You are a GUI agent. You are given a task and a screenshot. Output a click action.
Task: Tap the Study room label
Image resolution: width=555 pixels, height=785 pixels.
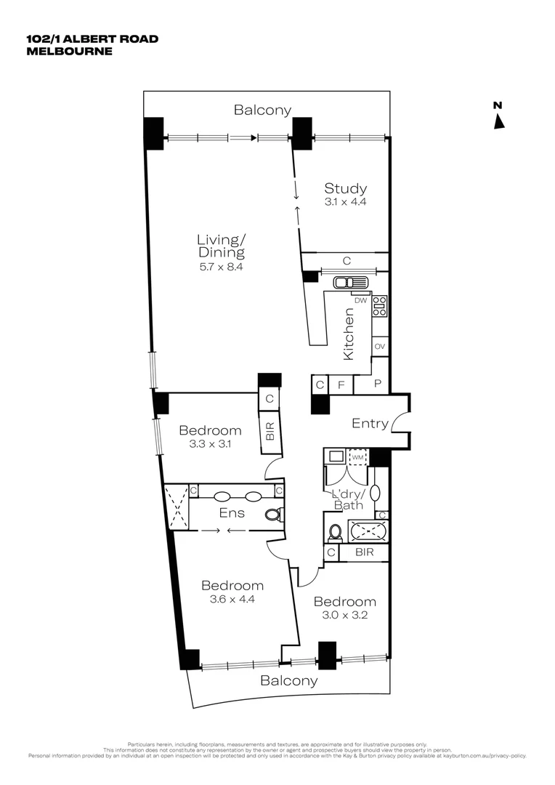[345, 189]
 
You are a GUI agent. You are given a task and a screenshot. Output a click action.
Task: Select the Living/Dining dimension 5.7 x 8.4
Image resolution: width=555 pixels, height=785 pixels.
[222, 267]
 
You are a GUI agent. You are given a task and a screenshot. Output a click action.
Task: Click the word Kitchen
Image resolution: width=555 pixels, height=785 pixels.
[349, 334]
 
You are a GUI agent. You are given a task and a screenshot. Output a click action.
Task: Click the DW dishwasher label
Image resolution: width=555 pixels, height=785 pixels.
[360, 300]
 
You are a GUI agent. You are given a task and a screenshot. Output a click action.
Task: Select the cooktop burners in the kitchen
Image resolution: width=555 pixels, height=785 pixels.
[379, 305]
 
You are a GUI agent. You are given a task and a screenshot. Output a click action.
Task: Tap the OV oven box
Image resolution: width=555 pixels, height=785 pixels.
[379, 347]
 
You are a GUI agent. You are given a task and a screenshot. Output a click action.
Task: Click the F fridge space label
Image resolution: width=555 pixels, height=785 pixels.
[341, 384]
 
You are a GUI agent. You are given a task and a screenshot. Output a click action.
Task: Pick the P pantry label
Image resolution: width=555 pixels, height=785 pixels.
[378, 383]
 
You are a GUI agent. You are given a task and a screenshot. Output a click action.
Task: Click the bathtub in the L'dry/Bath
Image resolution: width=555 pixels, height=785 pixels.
[368, 531]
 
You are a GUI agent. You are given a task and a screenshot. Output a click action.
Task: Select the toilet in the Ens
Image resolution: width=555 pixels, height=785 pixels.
[273, 515]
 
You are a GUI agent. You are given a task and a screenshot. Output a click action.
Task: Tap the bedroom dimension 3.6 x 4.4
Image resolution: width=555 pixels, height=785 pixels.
[232, 600]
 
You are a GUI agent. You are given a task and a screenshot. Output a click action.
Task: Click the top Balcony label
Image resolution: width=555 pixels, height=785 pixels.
[262, 110]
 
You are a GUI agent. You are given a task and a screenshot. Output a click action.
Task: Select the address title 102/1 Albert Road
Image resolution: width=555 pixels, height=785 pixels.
[92, 39]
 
